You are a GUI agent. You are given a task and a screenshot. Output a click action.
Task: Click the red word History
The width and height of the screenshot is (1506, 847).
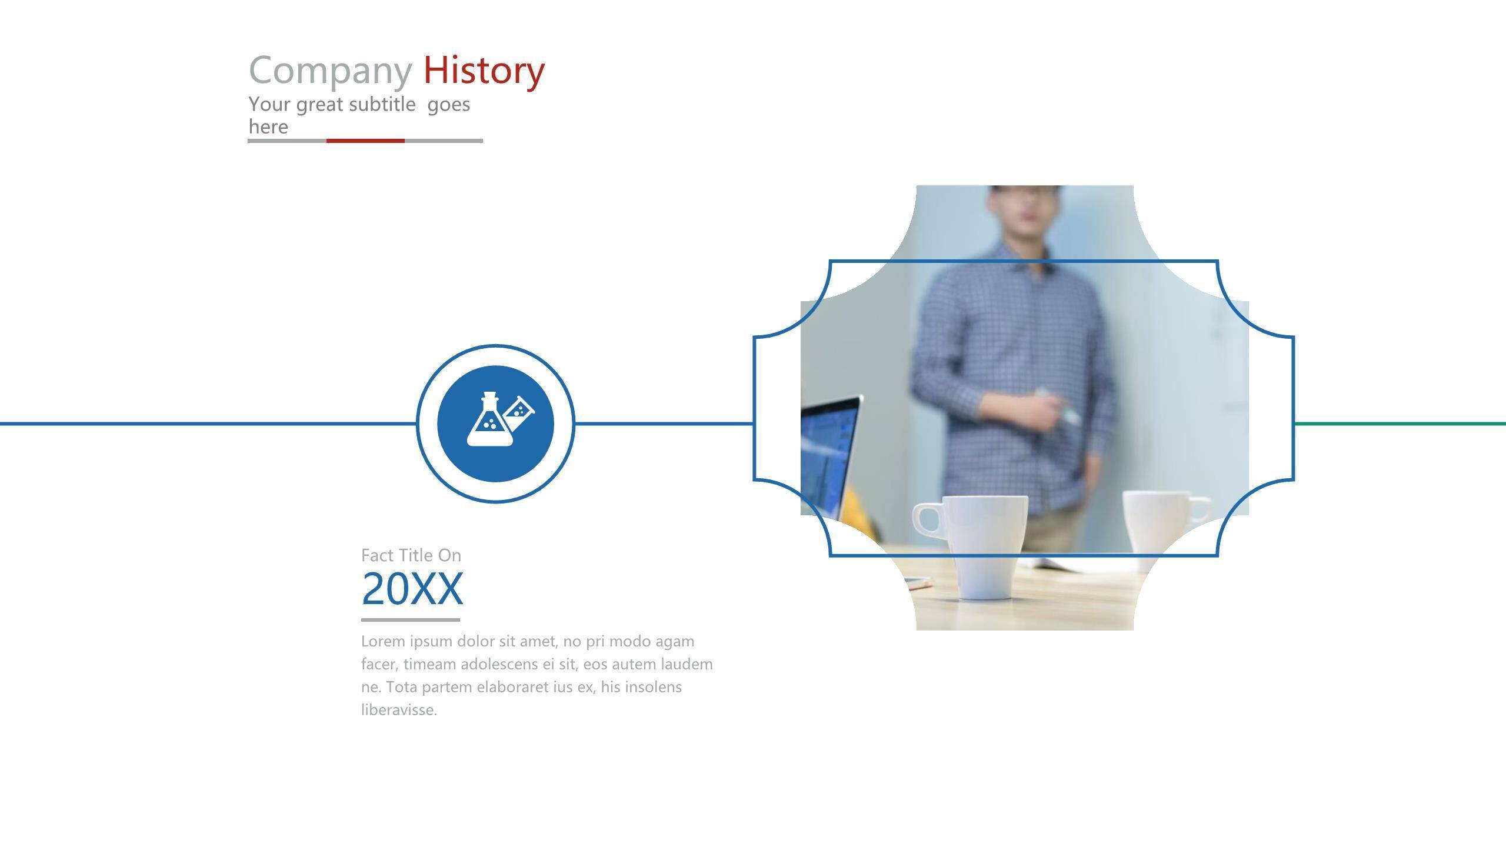[x=484, y=70]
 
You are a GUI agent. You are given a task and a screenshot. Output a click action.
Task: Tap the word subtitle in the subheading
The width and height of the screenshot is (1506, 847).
[x=382, y=104]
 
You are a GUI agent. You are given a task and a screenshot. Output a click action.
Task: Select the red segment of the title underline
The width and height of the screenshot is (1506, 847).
[x=365, y=141]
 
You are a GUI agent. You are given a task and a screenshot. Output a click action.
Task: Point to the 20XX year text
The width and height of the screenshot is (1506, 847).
[x=412, y=588]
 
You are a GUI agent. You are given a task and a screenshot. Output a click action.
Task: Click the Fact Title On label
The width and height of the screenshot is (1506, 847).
[x=411, y=555]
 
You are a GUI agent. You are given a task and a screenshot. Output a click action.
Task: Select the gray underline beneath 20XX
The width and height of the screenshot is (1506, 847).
[x=411, y=619]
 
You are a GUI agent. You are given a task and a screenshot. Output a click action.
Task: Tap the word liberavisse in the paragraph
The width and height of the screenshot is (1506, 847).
[x=399, y=709]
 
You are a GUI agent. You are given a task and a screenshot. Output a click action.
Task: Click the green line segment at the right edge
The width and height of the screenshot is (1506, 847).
[x=1400, y=423]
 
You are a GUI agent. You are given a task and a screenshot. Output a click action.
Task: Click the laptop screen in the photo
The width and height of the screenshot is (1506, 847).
[x=827, y=453]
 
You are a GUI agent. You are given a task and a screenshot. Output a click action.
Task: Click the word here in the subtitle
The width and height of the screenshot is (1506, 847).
[x=268, y=126]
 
